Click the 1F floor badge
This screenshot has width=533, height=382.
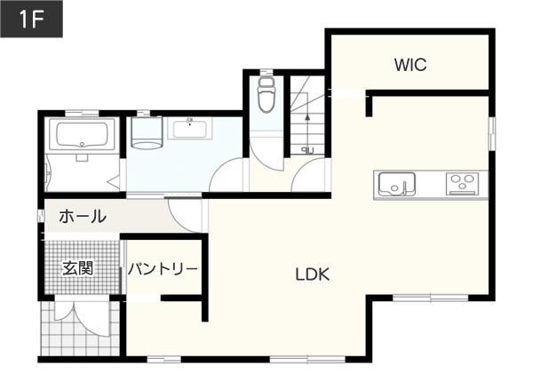point(31,19)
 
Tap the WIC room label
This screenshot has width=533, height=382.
point(410,65)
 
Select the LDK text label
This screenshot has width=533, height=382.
point(313,275)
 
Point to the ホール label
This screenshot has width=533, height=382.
point(83,216)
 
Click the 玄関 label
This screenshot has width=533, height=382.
point(77,267)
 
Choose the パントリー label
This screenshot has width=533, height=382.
point(163,269)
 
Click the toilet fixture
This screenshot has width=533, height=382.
point(266,94)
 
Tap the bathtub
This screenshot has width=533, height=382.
point(82,134)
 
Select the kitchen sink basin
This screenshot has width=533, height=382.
point(397,184)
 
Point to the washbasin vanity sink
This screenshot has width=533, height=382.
point(190,128)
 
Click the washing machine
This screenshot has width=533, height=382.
point(147,133)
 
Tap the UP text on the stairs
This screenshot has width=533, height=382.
point(307,150)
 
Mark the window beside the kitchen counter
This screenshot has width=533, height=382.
point(491,133)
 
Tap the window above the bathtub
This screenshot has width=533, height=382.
point(82,113)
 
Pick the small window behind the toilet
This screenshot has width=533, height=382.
point(266,72)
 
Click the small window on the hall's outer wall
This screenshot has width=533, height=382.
point(41,216)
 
